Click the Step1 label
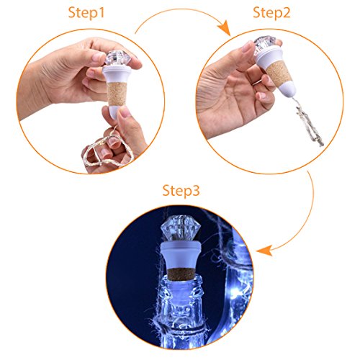tap(86, 13)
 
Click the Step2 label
tap(271, 13)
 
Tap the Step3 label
tap(181, 191)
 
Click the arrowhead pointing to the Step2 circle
tap(225, 27)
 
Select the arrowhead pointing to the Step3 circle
tap(264, 251)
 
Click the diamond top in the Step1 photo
tap(118, 58)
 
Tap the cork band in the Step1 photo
tap(117, 94)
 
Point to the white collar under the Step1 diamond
tap(117, 73)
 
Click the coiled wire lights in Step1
tap(108, 150)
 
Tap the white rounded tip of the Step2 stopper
tap(289, 89)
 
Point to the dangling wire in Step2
tap(308, 122)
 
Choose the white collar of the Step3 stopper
tap(181, 255)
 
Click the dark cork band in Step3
tap(181, 274)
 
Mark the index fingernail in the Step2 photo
tap(247, 46)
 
